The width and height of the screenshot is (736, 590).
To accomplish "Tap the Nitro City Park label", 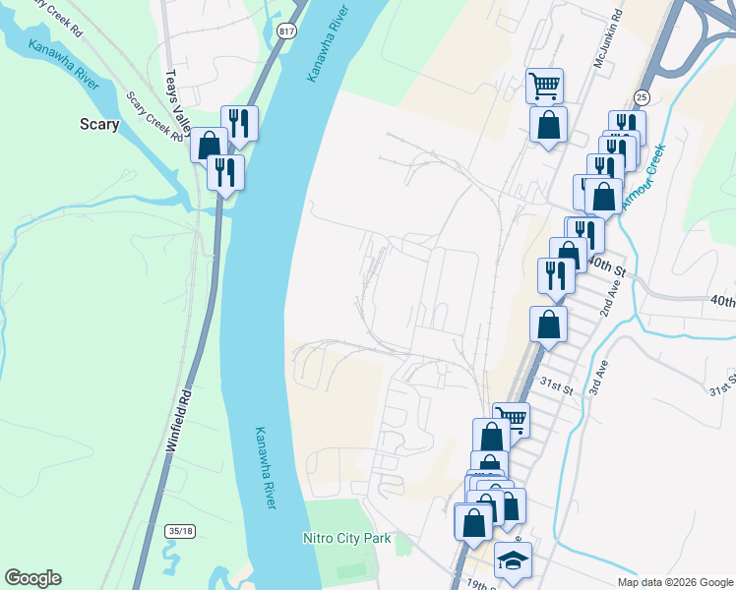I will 346,538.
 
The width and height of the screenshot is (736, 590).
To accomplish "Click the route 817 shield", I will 286,30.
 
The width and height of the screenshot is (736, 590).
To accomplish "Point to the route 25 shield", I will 642,96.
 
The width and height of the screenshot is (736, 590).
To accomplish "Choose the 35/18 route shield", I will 181,531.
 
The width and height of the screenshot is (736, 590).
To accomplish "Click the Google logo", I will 32,578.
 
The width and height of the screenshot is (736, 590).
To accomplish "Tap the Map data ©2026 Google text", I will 675,582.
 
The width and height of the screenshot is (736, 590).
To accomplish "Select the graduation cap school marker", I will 512,560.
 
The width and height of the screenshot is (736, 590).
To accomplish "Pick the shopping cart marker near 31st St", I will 511,419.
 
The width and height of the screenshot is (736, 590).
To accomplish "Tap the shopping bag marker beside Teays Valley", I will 209,146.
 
